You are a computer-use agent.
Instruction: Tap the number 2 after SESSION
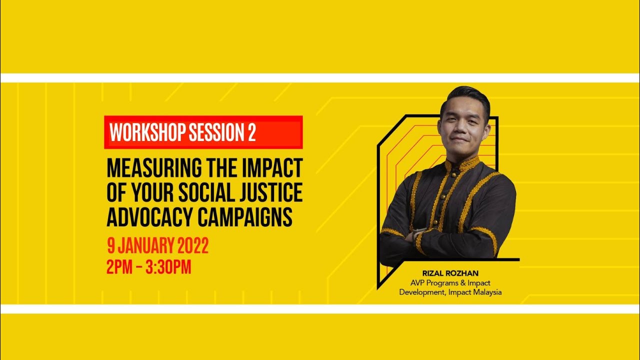pyautogui.click(x=251, y=132)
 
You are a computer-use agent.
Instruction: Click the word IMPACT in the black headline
pyautogui.click(x=274, y=169)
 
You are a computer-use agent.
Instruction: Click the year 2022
pyautogui.click(x=191, y=245)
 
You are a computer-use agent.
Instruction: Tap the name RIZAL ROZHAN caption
pyautogui.click(x=450, y=273)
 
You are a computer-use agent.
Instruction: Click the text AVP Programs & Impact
pyautogui.click(x=450, y=283)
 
